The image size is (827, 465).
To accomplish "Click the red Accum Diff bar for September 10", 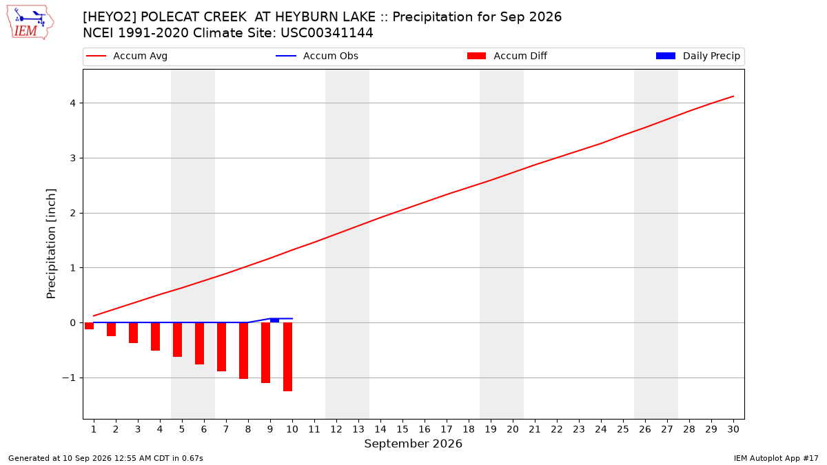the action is pos(287,357).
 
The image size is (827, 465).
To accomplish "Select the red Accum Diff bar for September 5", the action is pos(177,340).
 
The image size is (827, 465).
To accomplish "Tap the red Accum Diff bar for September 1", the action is pos(89,326).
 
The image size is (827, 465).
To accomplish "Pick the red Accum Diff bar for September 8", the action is pos(243,351).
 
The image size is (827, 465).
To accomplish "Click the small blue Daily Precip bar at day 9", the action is pos(274,320).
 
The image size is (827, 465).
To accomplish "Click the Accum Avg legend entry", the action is pos(127,56).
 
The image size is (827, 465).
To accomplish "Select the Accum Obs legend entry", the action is pos(317,56).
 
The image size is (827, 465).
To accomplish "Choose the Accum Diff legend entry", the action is pos(507,56).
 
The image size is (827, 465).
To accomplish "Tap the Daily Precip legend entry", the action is pos(697,56).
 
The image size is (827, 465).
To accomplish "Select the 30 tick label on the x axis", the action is pos(733,429).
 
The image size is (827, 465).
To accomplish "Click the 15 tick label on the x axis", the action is pos(402,429).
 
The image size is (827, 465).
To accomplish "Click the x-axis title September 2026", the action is pos(413,444).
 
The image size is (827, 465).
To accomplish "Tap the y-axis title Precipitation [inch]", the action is pos(51,244).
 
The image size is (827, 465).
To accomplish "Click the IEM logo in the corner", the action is pos(30,23).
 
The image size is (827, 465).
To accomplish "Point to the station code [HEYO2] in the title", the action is pos(110,17).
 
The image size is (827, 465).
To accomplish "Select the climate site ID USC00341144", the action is pos(327,33).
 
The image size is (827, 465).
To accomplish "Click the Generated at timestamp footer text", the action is pos(105,458).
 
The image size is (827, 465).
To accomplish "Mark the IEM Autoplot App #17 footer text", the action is pos(776,458).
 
